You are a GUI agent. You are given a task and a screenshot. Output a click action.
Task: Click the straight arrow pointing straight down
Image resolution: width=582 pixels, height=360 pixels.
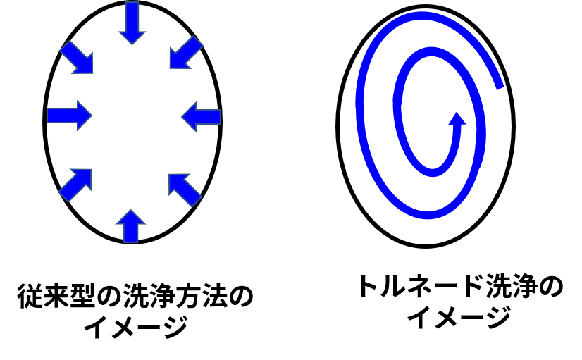click(x=132, y=23)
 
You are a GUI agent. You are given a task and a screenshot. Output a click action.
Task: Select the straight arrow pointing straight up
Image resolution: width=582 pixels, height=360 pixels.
click(x=131, y=226)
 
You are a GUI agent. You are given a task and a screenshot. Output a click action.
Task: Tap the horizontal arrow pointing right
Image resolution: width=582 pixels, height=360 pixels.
click(x=69, y=116)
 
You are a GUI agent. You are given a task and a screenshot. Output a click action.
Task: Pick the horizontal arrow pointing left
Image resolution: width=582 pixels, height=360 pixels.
click(x=202, y=117)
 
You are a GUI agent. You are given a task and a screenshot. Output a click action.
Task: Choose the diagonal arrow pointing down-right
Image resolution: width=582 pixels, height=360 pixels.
click(x=77, y=57)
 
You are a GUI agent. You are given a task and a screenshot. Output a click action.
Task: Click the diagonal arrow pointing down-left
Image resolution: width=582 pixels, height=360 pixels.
click(x=186, y=52)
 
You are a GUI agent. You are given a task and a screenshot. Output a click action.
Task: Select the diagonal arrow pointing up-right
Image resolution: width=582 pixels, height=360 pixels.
click(x=75, y=185)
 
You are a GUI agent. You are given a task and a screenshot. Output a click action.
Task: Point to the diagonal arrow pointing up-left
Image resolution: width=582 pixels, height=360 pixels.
click(x=185, y=190)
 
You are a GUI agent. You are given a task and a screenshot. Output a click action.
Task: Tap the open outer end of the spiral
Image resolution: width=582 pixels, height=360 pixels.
click(x=500, y=87)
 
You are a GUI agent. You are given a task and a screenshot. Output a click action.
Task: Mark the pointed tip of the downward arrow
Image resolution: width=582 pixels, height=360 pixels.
click(x=132, y=44)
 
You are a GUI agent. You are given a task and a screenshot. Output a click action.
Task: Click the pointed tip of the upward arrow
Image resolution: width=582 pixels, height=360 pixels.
click(x=131, y=211)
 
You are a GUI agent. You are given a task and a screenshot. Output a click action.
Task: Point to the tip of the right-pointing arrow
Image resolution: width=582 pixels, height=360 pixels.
click(x=92, y=116)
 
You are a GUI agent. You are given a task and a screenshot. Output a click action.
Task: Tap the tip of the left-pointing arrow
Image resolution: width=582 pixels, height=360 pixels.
click(x=182, y=117)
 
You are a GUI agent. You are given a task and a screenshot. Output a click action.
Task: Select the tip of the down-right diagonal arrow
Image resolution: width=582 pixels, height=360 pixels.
click(x=92, y=72)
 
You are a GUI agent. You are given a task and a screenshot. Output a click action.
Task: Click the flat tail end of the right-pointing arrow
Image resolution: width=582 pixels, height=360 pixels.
click(x=48, y=116)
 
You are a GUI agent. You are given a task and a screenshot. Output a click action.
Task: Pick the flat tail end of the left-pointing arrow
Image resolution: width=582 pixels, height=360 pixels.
click(x=220, y=117)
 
